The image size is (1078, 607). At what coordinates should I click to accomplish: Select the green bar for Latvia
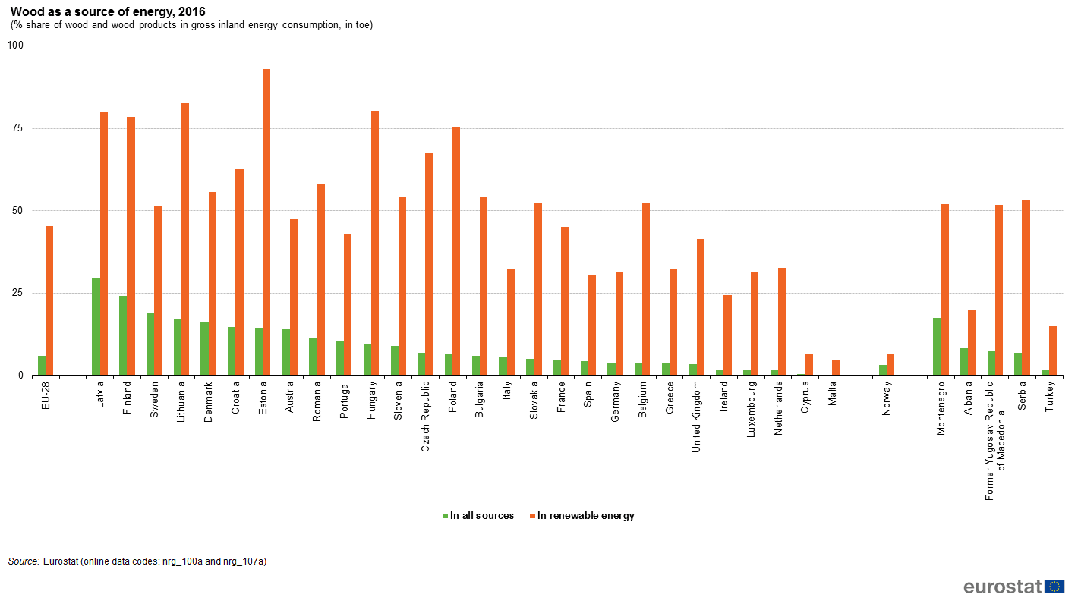click(96, 326)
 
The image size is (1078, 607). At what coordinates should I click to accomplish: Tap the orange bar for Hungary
click(375, 243)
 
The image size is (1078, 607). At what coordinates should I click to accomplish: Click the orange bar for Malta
click(836, 368)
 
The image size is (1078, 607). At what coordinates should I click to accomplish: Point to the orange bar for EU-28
click(49, 300)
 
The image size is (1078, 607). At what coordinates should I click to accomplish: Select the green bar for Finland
click(123, 335)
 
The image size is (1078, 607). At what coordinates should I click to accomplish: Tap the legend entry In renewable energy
click(585, 516)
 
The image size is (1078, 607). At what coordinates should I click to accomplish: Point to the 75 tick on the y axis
click(15, 128)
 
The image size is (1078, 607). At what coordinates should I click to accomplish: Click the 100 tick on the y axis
click(15, 46)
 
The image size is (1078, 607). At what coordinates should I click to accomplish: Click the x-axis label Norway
click(887, 399)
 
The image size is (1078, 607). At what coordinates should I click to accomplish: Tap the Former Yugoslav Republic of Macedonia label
click(995, 440)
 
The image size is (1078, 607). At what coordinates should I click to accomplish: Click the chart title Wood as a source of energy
click(107, 12)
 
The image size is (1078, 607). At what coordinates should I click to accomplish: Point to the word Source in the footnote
click(24, 561)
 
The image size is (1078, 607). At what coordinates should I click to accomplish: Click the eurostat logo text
click(1003, 587)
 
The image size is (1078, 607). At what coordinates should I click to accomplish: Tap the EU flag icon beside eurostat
click(1054, 587)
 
